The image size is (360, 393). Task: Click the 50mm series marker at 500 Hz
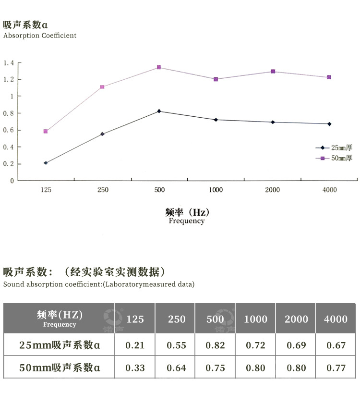(x=159, y=67)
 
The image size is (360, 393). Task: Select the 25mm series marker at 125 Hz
(x=46, y=163)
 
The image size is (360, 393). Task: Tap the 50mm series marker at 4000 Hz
(x=329, y=77)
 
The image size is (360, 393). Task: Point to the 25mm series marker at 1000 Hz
(x=216, y=120)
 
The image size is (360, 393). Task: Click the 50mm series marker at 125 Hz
(x=46, y=131)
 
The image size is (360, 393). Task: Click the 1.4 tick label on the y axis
(x=9, y=63)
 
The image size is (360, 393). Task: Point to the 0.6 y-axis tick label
(x=9, y=130)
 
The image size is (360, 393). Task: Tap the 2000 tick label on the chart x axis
(x=272, y=190)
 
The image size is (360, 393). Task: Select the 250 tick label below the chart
(x=102, y=190)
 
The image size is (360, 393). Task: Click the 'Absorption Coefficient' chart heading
(x=40, y=36)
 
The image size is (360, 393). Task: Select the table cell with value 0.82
(x=215, y=345)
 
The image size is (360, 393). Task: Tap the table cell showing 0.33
(x=134, y=368)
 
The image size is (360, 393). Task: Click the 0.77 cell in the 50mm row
(x=336, y=368)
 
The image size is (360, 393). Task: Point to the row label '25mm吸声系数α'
(x=60, y=345)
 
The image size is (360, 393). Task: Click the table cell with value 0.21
(x=134, y=345)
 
